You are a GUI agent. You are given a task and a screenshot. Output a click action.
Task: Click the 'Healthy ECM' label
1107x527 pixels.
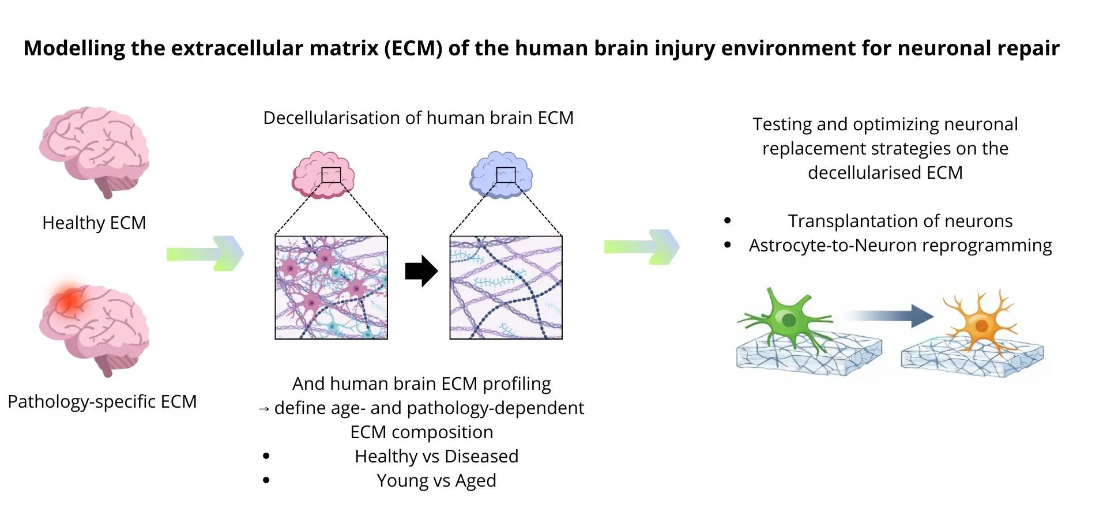94,223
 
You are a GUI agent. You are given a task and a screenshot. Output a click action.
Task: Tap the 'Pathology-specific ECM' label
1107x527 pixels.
102,401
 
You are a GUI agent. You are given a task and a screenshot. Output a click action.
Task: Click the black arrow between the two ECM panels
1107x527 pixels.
421,271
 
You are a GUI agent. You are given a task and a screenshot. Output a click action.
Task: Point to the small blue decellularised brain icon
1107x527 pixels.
501,175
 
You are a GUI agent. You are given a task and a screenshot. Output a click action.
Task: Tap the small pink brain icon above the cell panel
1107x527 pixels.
323,175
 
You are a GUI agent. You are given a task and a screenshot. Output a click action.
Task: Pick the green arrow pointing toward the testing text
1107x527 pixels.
642,247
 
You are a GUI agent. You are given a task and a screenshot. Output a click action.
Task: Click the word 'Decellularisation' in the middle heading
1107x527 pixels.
332,118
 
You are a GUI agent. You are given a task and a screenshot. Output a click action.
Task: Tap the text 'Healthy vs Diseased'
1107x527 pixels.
436,456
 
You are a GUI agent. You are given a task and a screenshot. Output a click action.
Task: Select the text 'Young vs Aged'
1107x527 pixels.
436,480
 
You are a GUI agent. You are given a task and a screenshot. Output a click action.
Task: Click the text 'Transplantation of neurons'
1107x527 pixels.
900,221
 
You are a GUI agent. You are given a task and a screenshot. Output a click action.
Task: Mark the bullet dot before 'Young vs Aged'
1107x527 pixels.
266,480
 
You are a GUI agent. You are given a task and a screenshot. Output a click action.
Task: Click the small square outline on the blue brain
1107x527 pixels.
506,175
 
